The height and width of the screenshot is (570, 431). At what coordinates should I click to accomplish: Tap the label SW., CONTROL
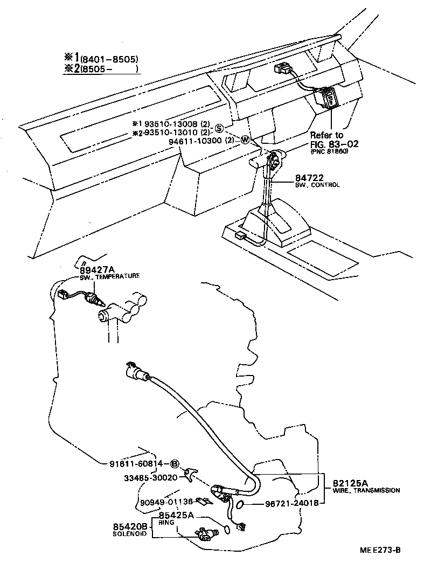[317, 185]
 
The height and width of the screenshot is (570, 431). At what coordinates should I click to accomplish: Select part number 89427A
[98, 269]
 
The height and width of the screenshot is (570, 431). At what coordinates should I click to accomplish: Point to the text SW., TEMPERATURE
[106, 276]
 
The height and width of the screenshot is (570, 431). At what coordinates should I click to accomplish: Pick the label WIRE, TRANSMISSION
[366, 490]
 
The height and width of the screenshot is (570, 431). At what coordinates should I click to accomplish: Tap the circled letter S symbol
[220, 128]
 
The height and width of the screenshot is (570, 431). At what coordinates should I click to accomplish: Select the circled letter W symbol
[245, 140]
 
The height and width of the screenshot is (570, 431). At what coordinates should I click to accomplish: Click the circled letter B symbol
[175, 463]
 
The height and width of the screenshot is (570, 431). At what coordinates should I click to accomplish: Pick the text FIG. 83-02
[334, 144]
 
